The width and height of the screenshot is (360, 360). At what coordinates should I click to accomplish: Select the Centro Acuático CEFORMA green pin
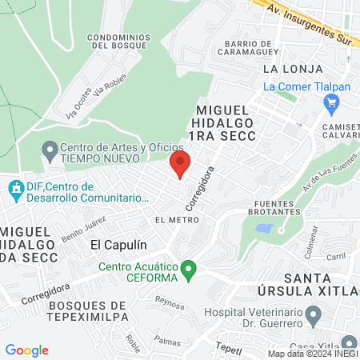tap(189, 272)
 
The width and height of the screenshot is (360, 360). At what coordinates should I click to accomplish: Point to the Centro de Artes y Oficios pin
tap(49, 149)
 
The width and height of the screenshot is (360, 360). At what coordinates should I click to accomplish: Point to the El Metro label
tap(176, 219)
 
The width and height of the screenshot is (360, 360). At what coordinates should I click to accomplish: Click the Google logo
tap(26, 350)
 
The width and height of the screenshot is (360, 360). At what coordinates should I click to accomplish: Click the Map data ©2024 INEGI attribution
tap(312, 354)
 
